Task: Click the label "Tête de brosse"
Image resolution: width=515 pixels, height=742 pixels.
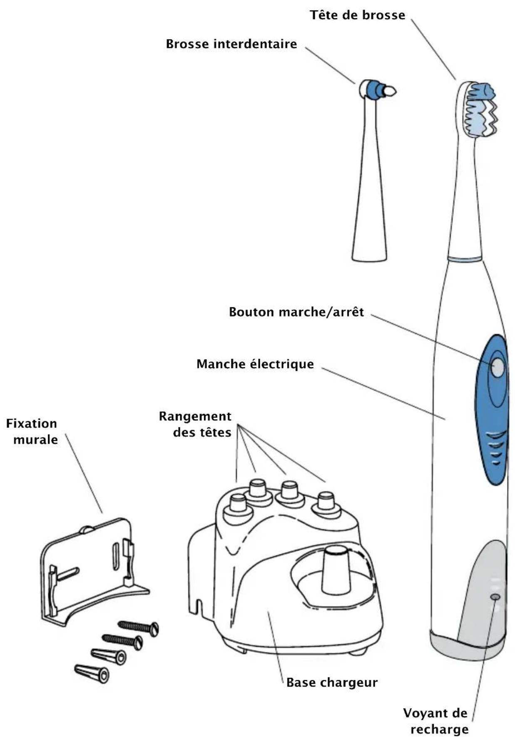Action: pyautogui.click(x=357, y=15)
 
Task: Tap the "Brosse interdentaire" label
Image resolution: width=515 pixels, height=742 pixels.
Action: pyautogui.click(x=231, y=44)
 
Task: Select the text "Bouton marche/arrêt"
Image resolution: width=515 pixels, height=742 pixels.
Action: pyautogui.click(x=296, y=312)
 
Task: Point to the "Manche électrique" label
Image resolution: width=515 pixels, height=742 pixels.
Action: pyautogui.click(x=255, y=364)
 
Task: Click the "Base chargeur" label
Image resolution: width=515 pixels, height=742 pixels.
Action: pyautogui.click(x=332, y=682)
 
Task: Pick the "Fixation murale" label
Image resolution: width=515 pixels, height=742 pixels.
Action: pyautogui.click(x=32, y=432)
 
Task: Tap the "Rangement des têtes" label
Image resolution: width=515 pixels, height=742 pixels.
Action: pyautogui.click(x=196, y=424)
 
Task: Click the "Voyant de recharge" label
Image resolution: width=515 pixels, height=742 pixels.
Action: pyautogui.click(x=436, y=721)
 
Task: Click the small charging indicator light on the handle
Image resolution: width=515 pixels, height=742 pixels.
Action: pyautogui.click(x=495, y=597)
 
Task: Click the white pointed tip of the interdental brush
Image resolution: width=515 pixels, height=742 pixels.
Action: pyautogui.click(x=390, y=91)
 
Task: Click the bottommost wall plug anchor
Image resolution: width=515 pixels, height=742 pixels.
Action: pyautogui.click(x=92, y=673)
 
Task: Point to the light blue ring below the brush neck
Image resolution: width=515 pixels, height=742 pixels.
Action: pyautogui.click(x=465, y=259)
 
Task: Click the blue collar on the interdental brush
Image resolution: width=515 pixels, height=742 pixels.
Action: pyautogui.click(x=377, y=89)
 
